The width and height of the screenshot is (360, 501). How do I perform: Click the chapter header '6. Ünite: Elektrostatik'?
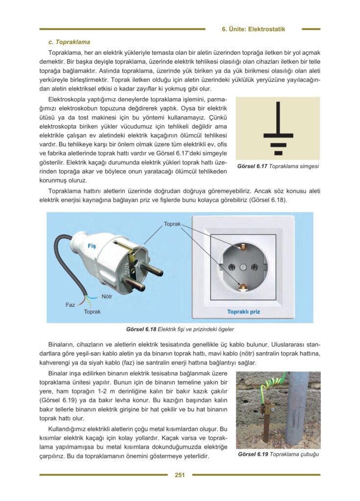point(253,29)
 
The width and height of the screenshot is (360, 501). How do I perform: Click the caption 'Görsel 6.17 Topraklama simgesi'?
point(277,166)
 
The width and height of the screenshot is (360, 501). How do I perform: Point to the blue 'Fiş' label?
point(91,246)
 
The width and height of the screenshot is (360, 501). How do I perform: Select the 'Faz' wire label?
point(70,305)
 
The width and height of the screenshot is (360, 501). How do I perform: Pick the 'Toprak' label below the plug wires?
point(92,312)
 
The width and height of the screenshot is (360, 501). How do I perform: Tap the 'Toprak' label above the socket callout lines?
point(172,224)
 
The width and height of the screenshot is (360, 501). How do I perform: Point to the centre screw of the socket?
point(243,267)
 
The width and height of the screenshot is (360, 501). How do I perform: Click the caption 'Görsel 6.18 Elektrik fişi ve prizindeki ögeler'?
point(180,329)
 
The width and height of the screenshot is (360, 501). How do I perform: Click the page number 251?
point(180,474)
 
